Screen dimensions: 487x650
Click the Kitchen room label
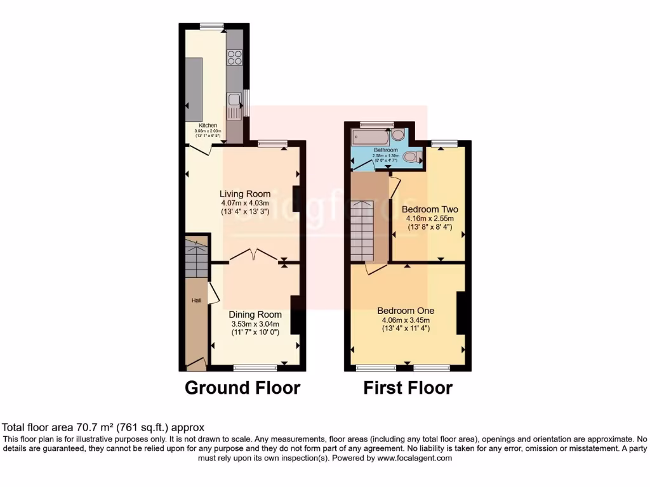coord(209,126)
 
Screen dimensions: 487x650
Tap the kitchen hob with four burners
coord(234,58)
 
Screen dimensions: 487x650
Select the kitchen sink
coord(234,100)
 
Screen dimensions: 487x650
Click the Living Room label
coord(245,194)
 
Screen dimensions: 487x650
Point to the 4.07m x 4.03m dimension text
coord(245,203)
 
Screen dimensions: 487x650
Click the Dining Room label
coord(255,315)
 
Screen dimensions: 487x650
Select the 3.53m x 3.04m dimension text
coord(255,323)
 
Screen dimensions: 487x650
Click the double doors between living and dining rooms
coord(253,256)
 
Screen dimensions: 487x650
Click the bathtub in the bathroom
coord(371,136)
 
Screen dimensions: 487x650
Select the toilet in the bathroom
coord(413,157)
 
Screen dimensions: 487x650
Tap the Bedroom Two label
coord(430,209)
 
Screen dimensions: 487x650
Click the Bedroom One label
coord(406,311)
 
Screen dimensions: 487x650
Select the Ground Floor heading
coord(242,387)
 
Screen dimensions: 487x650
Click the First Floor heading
coord(408,387)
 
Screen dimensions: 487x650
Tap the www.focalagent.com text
coord(415,458)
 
